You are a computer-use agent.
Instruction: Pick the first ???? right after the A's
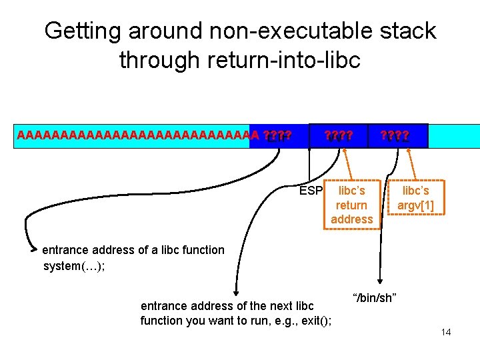click(277, 136)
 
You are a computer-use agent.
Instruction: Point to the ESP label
click(311, 191)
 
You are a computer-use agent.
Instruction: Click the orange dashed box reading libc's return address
click(351, 205)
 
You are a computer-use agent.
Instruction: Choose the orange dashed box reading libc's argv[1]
click(415, 198)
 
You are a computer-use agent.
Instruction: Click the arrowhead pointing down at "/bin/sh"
click(380, 282)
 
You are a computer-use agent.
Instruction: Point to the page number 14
click(445, 331)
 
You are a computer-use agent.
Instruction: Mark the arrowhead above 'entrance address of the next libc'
click(235, 291)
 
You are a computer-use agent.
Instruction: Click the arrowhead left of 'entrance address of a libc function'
click(35, 251)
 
